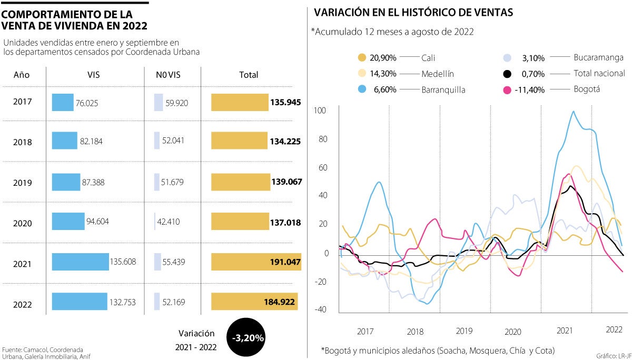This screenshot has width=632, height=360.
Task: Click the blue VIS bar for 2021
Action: point(81,262)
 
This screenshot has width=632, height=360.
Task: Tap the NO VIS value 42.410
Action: point(169,222)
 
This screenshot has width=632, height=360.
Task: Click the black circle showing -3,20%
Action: point(246,337)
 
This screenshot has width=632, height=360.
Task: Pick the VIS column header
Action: point(94,75)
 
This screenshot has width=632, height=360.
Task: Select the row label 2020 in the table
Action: point(23,223)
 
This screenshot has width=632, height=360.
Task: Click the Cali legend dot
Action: point(361,57)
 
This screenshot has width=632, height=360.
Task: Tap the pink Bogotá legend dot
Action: point(508,90)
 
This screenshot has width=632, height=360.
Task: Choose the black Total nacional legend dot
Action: point(508,74)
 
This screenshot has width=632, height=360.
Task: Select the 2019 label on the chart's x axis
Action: point(464,331)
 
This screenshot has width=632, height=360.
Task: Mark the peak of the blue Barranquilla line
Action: point(574,112)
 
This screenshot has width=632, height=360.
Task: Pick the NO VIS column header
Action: point(168,75)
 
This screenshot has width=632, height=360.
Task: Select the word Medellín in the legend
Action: point(438,74)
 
